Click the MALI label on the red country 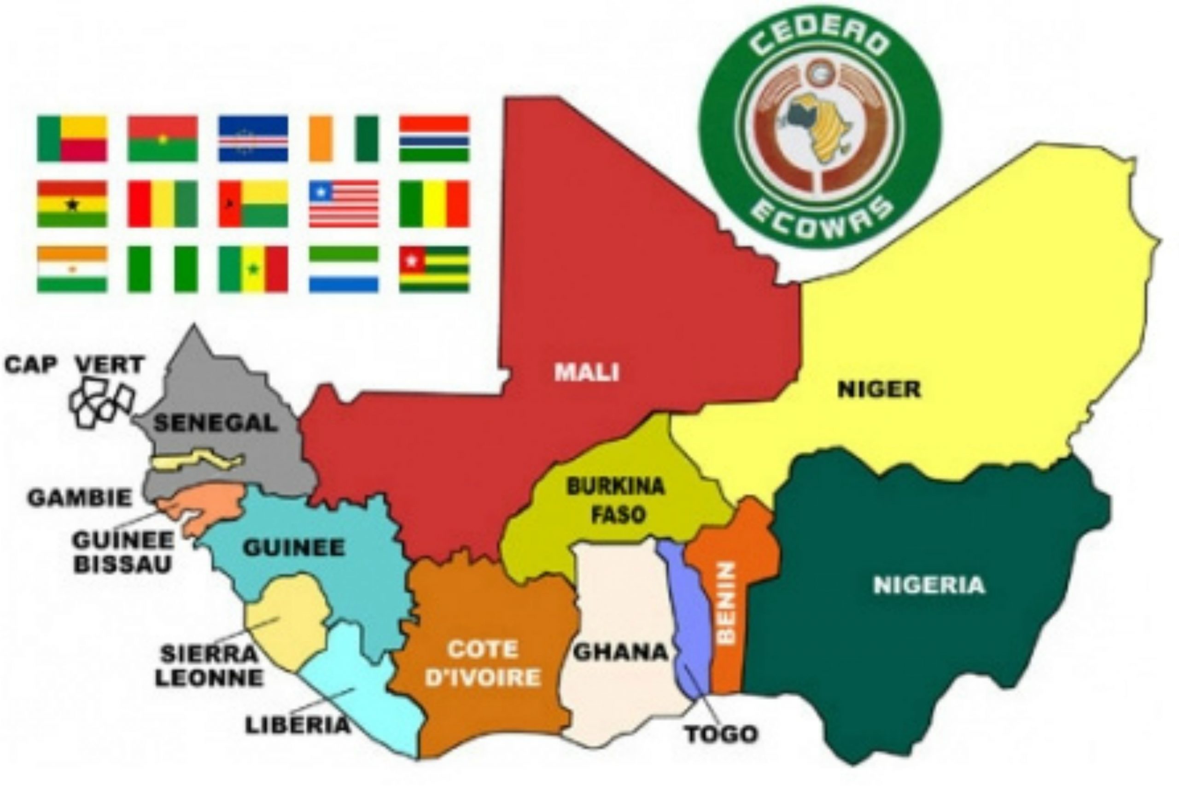[586, 373]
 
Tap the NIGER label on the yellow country [879, 390]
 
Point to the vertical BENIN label [726, 602]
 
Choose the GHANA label [620, 652]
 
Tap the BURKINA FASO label [616, 500]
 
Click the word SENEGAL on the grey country [215, 424]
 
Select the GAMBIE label [80, 498]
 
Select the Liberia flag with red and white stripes [344, 204]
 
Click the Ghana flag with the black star [72, 204]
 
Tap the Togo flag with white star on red [434, 269]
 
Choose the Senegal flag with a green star [253, 269]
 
